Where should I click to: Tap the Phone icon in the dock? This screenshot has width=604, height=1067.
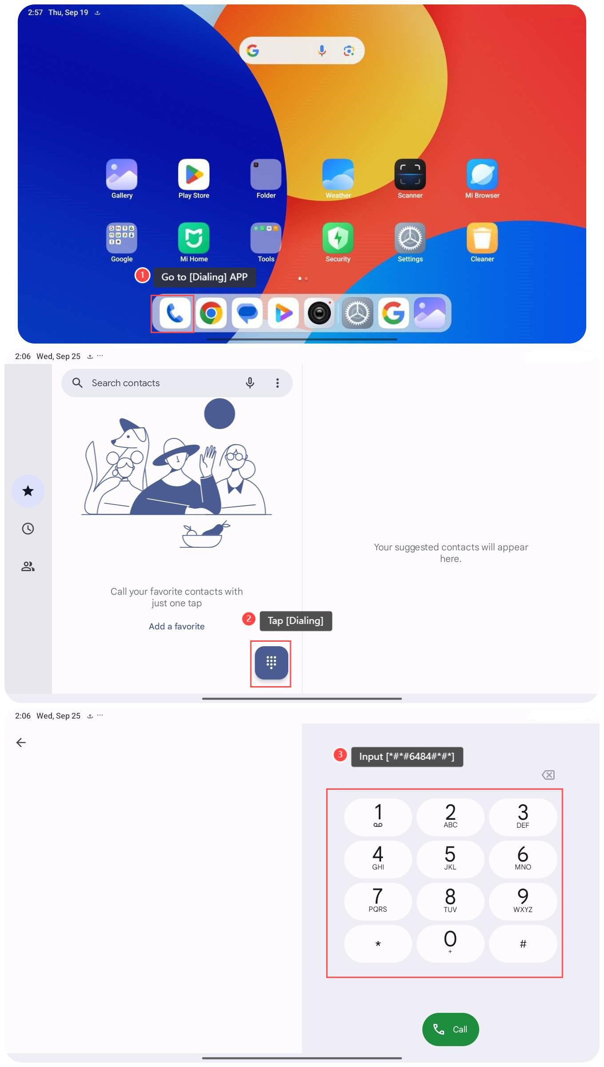pos(175,313)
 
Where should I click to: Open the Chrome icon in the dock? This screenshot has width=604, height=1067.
pos(211,313)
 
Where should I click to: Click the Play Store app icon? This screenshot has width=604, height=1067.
pos(194,174)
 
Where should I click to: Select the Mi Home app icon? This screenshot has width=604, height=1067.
pos(194,238)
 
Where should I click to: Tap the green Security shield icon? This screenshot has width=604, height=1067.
pos(338,238)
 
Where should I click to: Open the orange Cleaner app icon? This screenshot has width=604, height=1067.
pos(482,238)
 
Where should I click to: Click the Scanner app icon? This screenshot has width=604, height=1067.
pos(410,174)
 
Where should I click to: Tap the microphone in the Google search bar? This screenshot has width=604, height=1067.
pos(322,51)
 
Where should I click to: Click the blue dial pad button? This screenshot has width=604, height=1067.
pos(271,663)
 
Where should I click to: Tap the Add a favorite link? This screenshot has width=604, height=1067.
pos(177,626)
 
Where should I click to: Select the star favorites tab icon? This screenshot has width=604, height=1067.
pos(28,491)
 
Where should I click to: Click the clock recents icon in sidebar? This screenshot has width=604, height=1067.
pos(28,529)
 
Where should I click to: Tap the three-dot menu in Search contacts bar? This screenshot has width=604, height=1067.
pos(278,383)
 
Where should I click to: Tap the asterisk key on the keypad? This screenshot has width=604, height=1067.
pos(378,944)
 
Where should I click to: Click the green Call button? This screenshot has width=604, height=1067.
pos(451,1029)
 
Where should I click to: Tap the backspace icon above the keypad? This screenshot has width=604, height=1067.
pos(548,775)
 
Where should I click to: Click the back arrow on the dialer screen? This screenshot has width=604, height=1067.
pos(21,743)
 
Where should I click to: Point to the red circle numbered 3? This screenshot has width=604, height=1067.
pos(340,755)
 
